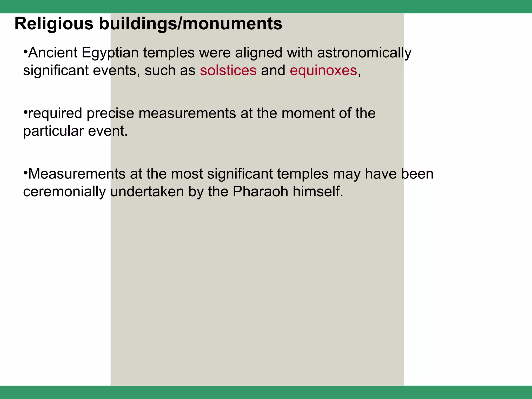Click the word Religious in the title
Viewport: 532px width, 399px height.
54,24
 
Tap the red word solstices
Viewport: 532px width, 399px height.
228,70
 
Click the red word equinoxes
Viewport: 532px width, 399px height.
323,70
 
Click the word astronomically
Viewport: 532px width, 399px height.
364,53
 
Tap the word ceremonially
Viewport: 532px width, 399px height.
64,192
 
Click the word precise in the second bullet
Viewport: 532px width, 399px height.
110,114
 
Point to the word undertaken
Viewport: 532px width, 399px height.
147,192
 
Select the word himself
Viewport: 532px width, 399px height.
318,192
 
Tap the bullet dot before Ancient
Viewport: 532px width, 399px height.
25,50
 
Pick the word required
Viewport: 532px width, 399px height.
55,114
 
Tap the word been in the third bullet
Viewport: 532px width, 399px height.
417,174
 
